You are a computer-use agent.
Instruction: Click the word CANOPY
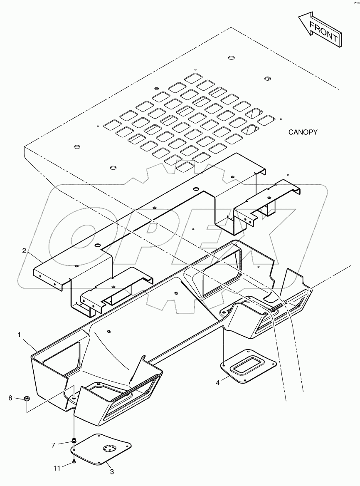[x=303, y=132]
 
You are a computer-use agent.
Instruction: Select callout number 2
[x=25, y=250]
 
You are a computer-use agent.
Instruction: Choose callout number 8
[x=10, y=398]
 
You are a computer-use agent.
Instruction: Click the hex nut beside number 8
[x=26, y=399]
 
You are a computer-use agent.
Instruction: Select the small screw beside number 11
[x=74, y=461]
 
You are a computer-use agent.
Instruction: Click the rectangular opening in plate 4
[x=245, y=365]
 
